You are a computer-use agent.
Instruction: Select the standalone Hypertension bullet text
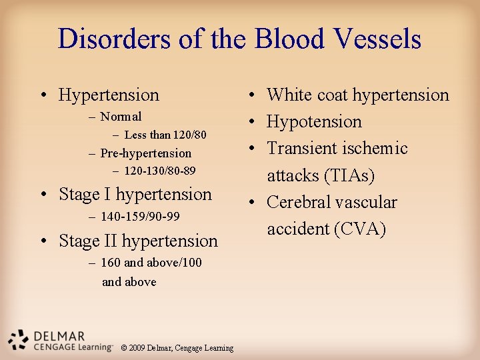click(x=109, y=95)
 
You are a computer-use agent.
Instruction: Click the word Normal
click(x=121, y=117)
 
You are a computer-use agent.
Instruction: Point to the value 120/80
click(x=189, y=135)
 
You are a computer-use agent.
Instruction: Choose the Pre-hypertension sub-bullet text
click(x=145, y=153)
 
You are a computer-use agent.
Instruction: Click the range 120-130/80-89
click(x=160, y=171)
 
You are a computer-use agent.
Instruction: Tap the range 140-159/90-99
click(x=141, y=217)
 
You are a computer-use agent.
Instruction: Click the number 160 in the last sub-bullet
click(x=111, y=263)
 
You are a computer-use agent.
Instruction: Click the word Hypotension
click(x=314, y=122)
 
